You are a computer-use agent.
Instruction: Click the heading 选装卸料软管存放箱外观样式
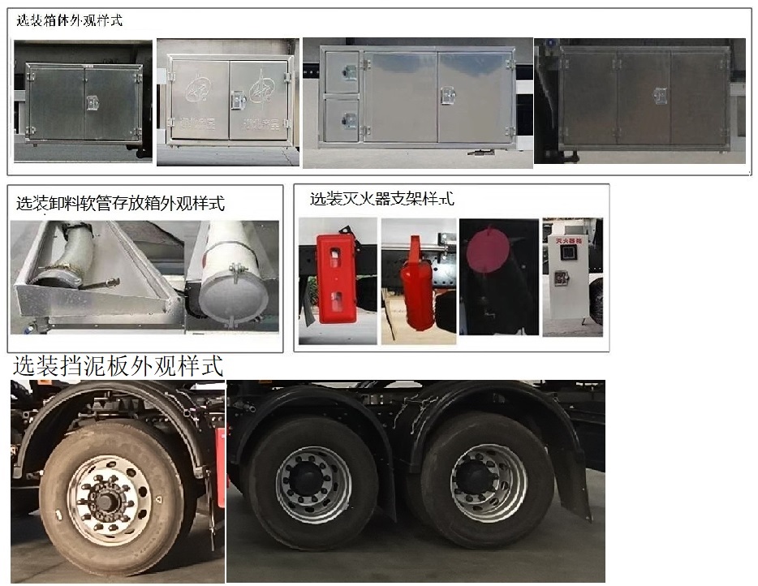(x=121, y=203)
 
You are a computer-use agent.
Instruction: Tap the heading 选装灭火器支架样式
(x=381, y=198)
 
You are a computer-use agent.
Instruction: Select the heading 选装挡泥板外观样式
(x=117, y=365)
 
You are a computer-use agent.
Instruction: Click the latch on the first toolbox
(x=93, y=104)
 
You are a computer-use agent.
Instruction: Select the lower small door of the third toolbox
(x=342, y=119)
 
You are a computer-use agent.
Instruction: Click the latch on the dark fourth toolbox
(x=661, y=96)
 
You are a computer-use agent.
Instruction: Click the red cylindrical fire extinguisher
(x=419, y=288)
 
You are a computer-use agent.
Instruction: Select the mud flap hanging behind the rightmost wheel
(x=575, y=483)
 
